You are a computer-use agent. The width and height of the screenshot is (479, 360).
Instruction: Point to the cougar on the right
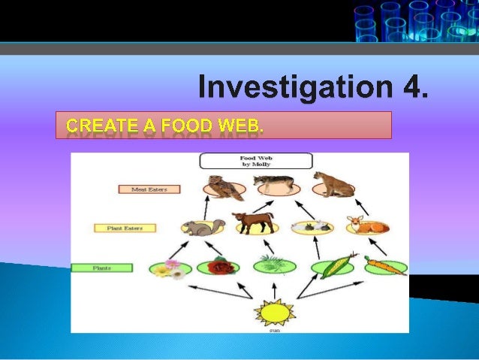click(331, 184)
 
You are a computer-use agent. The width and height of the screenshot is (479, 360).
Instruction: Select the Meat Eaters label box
click(149, 189)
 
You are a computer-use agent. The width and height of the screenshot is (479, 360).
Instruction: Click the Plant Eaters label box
click(124, 227)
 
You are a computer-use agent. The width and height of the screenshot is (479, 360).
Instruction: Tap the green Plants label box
click(102, 268)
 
